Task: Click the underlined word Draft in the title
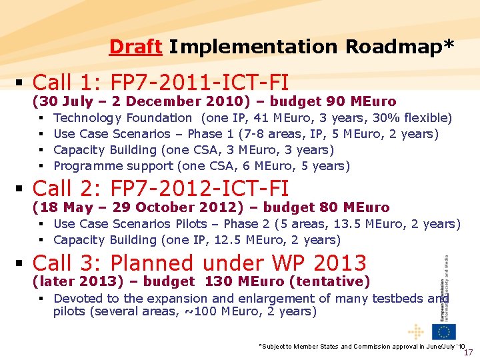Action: [x=135, y=47]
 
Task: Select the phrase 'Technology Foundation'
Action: [x=123, y=118]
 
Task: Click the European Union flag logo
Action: [x=443, y=331]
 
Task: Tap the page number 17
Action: [x=468, y=353]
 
